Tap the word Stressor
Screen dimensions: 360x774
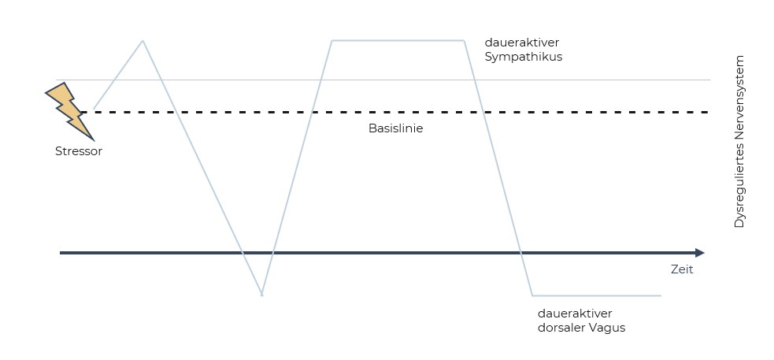pos(79,151)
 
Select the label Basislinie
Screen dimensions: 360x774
pos(395,128)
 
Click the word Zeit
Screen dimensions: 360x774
pos(682,269)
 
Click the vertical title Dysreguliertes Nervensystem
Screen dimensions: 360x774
pos(739,143)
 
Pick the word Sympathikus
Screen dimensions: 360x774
pos(524,58)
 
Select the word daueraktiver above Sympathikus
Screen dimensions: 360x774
pos(522,43)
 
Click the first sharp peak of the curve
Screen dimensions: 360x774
pos(143,40)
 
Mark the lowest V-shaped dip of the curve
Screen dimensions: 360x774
pos(261,294)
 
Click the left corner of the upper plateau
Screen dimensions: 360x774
pos(331,40)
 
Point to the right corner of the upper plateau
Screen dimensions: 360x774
pos(465,40)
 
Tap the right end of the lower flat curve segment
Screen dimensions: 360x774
pos(660,295)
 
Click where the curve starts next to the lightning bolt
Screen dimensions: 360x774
pos(94,108)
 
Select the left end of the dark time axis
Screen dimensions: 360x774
pos(61,253)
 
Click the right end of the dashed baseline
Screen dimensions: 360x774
pos(707,113)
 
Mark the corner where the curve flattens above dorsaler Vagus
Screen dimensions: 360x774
pos(533,295)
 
